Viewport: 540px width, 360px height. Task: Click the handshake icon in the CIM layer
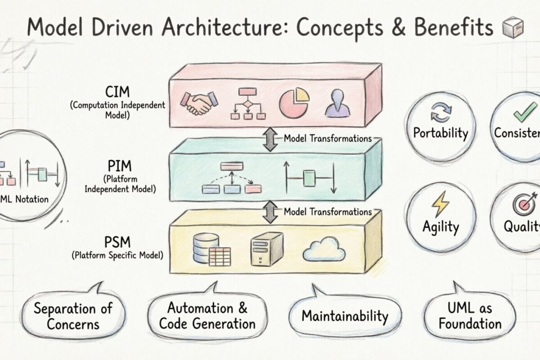pos(198,104)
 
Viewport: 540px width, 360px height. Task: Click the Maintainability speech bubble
pos(344,315)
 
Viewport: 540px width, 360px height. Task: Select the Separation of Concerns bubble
pos(73,315)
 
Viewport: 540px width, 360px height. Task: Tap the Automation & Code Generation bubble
pos(207,315)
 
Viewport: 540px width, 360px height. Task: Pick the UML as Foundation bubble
pos(470,315)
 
